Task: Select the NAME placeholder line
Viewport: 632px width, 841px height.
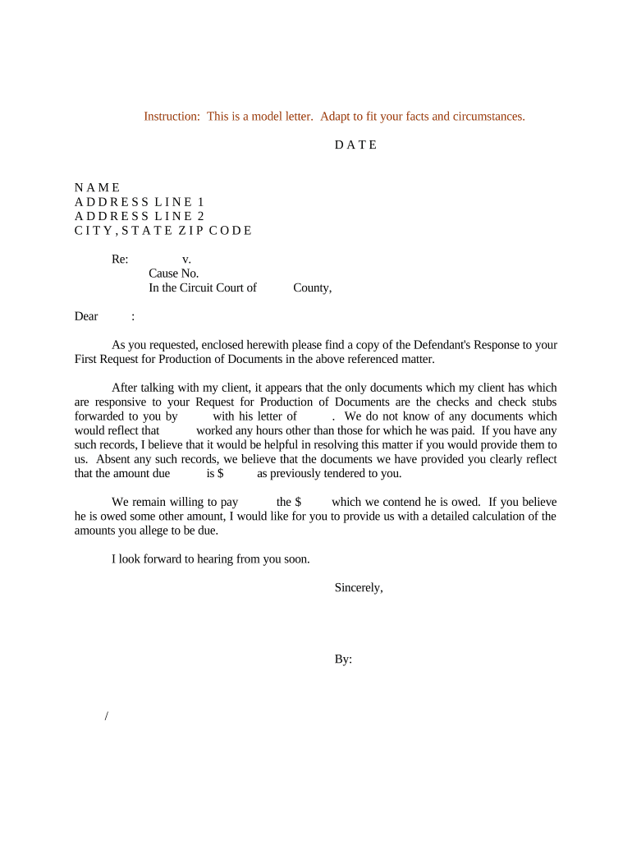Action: point(97,188)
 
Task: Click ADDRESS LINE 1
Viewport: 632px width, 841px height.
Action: point(140,202)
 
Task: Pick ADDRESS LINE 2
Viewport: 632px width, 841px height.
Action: point(140,216)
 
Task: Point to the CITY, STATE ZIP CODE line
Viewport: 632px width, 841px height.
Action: point(163,231)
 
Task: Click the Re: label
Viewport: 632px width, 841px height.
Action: point(120,260)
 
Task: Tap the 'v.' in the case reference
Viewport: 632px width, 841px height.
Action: point(186,260)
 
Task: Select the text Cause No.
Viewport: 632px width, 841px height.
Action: point(174,273)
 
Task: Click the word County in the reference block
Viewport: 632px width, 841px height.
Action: point(312,287)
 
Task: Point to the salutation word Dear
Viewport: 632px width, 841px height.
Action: point(86,316)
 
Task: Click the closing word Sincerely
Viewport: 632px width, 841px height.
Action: point(359,588)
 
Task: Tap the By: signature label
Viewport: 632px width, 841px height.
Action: point(343,659)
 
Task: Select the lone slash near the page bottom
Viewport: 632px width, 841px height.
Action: point(107,717)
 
